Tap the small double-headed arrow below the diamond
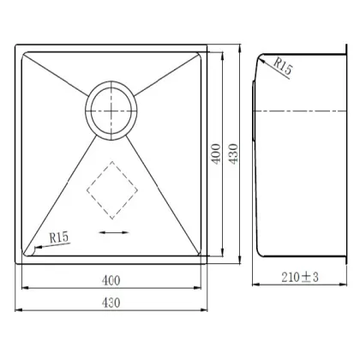(111, 232)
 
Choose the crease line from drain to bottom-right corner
(167, 197)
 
